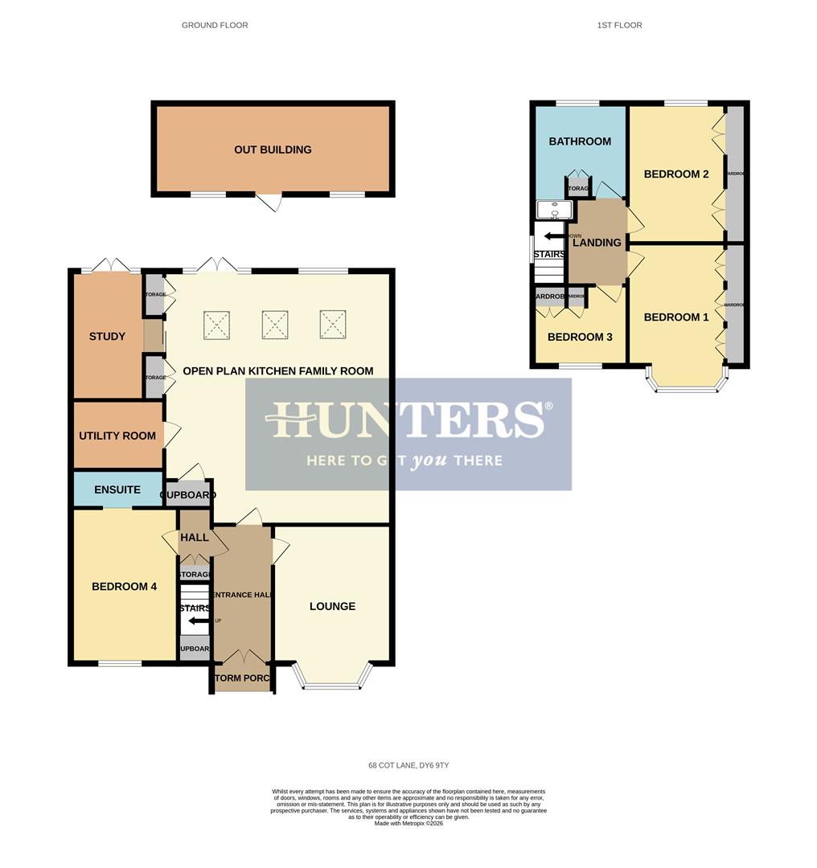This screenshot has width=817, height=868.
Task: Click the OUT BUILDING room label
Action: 273,149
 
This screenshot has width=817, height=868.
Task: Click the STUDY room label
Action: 107,336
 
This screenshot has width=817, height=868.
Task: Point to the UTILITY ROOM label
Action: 117,436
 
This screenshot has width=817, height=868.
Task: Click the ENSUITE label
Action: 117,489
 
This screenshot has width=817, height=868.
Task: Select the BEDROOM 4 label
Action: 124,587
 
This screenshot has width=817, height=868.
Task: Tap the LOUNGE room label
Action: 332,606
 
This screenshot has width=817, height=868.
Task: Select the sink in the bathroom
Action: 554,210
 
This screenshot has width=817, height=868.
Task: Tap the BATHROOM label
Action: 580,141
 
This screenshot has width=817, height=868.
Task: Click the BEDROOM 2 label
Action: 676,174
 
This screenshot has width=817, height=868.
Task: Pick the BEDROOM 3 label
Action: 580,337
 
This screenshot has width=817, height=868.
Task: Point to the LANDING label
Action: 597,243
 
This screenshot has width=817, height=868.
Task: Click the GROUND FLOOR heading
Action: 215,25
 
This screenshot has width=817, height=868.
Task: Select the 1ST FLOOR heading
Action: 619,25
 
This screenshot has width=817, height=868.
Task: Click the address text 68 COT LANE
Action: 408,765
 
